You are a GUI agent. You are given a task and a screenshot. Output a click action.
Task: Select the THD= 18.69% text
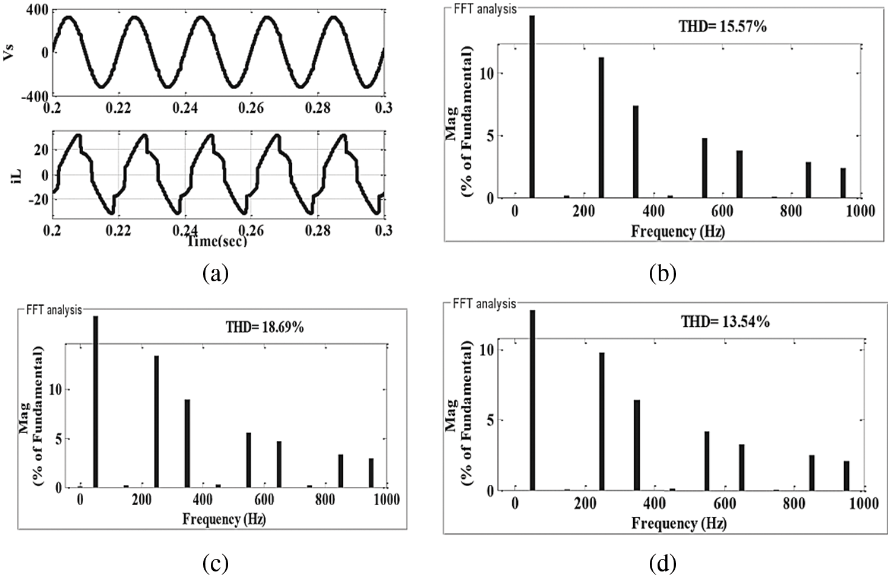[265, 326]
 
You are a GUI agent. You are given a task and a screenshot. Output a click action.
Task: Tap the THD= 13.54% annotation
[725, 322]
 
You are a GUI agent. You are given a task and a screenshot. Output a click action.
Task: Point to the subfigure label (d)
[663, 563]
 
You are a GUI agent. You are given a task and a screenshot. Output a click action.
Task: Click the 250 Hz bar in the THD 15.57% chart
[601, 127]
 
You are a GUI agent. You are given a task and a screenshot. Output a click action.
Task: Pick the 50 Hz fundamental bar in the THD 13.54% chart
[532, 400]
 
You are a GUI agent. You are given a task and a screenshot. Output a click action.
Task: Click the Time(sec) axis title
[216, 241]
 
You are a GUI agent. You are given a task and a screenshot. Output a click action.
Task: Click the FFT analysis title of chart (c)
[54, 310]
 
